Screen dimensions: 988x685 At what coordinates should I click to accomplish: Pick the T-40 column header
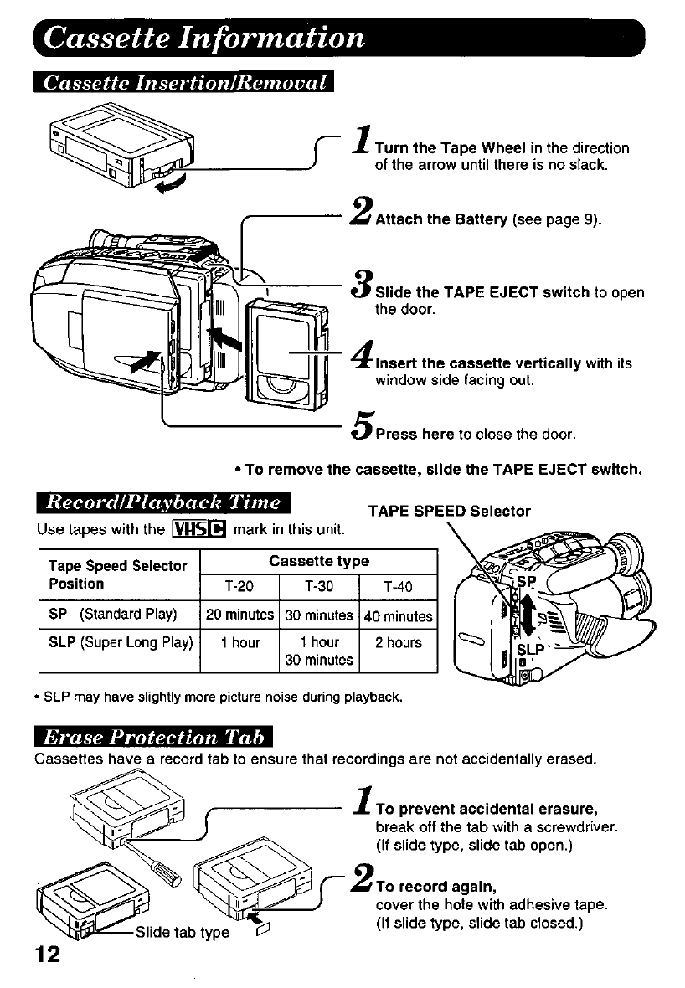pyautogui.click(x=398, y=586)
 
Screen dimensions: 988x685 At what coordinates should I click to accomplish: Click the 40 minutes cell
pyautogui.click(x=398, y=616)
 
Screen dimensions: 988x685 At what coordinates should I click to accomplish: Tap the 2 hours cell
pyautogui.click(x=398, y=643)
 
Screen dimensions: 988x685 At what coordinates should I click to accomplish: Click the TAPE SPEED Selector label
pyautogui.click(x=449, y=511)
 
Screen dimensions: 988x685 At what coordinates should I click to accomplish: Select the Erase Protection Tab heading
pyautogui.click(x=155, y=737)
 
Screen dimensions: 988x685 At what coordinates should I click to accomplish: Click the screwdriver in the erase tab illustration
pyautogui.click(x=159, y=862)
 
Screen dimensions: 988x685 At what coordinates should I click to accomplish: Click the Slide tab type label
pyautogui.click(x=182, y=931)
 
